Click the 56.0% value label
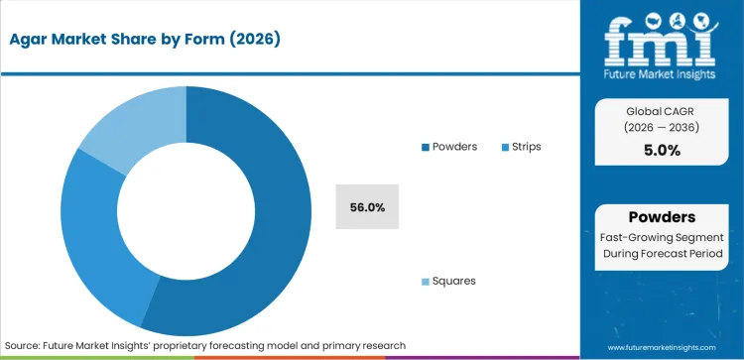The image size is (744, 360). tap(367, 207)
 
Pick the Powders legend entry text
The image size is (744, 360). tap(453, 147)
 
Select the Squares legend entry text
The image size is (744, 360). tap(453, 281)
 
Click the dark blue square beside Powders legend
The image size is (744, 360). tap(425, 147)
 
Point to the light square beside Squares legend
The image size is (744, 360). tap(425, 282)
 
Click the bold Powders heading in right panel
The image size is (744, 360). tap(661, 217)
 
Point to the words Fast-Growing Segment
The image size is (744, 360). tap(661, 237)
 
